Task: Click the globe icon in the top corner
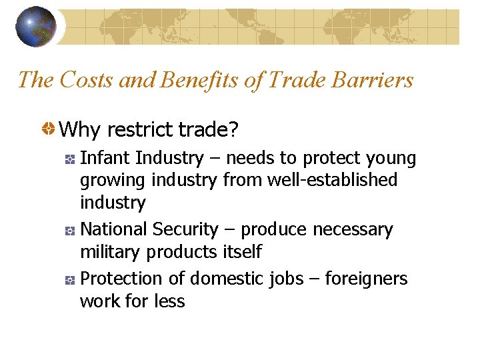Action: tap(36, 27)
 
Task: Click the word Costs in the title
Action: tap(87, 80)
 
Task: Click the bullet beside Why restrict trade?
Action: tap(49, 129)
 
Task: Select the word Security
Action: tap(185, 229)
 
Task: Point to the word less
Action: tap(169, 301)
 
